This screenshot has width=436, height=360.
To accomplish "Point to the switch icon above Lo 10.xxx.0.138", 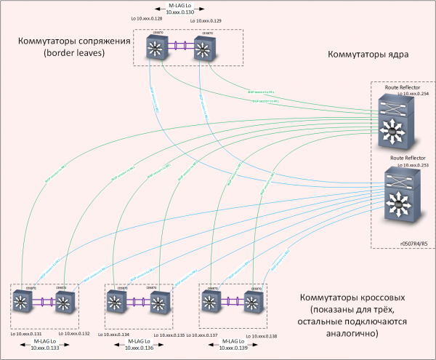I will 254,301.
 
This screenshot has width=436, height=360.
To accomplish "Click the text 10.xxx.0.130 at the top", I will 178,13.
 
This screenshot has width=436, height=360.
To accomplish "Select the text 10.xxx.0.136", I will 141,348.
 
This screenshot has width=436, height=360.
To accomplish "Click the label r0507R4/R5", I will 411,244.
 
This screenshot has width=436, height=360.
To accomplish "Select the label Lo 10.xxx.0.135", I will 171,335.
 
